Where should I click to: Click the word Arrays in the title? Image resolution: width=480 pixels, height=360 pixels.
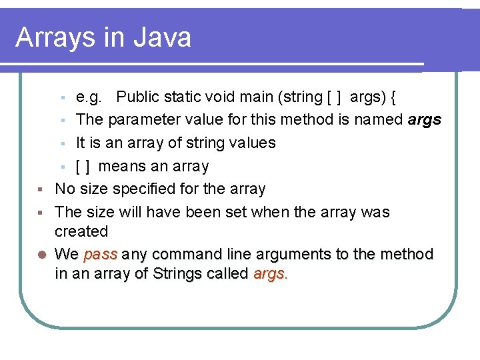click(x=54, y=37)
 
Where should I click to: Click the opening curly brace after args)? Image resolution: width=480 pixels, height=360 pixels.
click(x=393, y=97)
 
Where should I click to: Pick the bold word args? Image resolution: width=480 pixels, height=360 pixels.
click(x=425, y=121)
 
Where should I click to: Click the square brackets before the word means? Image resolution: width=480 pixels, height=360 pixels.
click(x=83, y=166)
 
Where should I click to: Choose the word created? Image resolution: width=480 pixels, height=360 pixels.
click(x=81, y=231)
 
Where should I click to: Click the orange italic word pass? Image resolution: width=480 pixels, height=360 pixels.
click(x=101, y=255)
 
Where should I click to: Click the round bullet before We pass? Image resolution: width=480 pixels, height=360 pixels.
click(x=41, y=255)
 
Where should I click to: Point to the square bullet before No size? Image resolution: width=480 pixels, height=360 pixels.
click(x=41, y=189)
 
